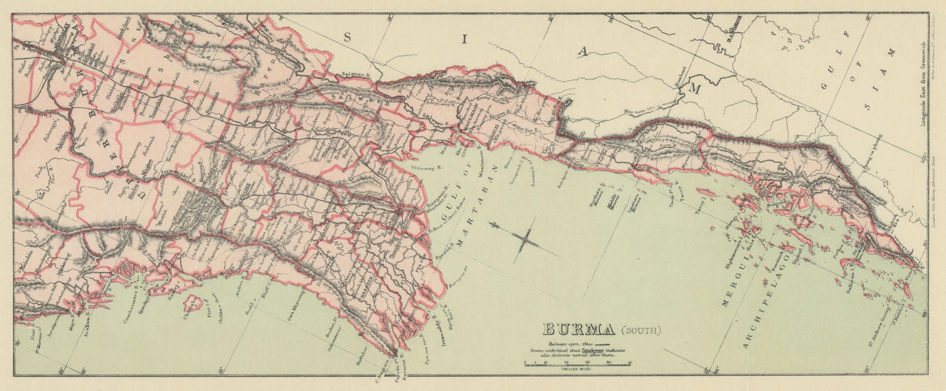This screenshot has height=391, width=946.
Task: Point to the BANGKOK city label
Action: [x=730, y=37]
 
